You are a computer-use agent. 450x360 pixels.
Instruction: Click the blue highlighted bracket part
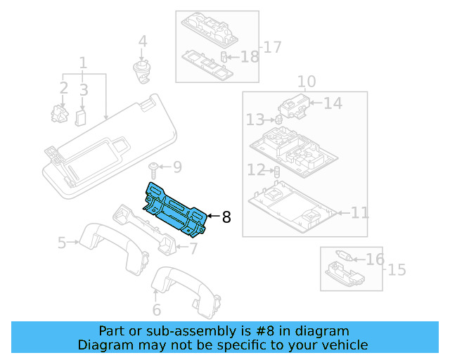175,208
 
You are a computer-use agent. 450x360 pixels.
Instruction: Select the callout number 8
226,217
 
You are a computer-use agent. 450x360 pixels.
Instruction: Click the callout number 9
176,167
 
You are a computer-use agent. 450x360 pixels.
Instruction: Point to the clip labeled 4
143,68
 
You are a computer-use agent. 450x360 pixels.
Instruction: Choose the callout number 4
143,42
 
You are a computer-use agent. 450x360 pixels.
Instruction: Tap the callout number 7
193,247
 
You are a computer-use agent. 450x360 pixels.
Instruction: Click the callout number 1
83,64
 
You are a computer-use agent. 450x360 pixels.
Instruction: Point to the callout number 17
271,47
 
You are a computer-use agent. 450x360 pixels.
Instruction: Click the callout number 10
307,82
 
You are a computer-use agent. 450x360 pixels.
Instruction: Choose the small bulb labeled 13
278,120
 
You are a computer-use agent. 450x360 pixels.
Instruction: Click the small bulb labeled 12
276,171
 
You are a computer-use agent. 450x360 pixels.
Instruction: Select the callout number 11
359,212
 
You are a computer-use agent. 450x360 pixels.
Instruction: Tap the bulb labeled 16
346,257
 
